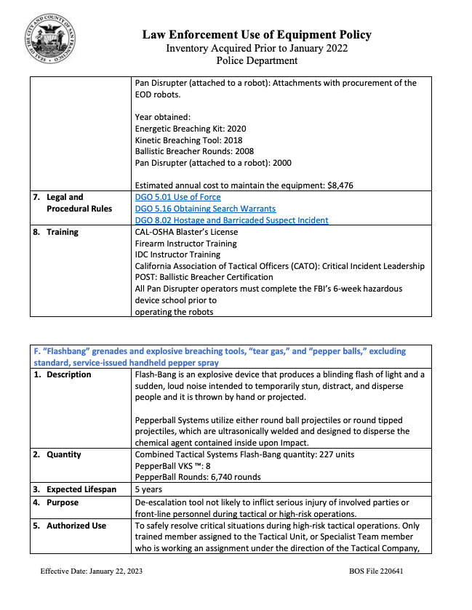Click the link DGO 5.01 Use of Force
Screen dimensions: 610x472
pos(177,197)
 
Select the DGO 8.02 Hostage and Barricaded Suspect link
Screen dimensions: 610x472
pos(231,220)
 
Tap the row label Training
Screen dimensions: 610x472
pos(66,232)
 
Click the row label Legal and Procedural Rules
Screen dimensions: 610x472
pos(79,203)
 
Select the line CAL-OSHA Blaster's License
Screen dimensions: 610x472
pos(186,232)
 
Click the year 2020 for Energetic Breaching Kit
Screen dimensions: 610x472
pos(236,129)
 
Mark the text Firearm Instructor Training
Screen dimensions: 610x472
pos(185,244)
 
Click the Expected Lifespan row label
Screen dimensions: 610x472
pos(81,489)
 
